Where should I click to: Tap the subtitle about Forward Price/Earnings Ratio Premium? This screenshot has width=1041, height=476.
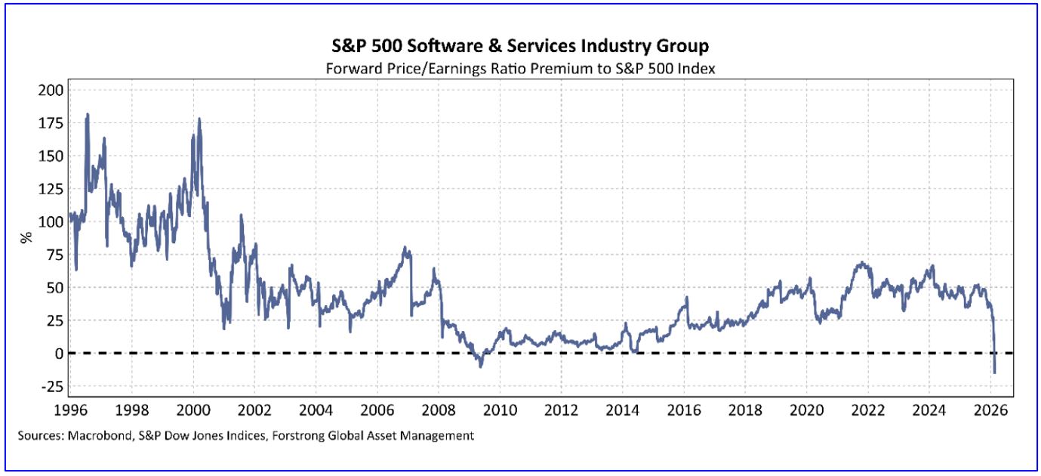click(x=520, y=68)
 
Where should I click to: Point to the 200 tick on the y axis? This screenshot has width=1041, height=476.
click(x=50, y=90)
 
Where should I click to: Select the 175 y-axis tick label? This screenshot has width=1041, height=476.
click(x=50, y=123)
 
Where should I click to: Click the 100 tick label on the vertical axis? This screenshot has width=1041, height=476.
click(x=50, y=222)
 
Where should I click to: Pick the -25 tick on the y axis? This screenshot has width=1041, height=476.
click(x=50, y=387)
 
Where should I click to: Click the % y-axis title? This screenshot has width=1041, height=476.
click(x=25, y=236)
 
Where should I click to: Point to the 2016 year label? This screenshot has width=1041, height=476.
click(x=684, y=410)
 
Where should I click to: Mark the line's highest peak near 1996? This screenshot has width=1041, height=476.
click(x=88, y=114)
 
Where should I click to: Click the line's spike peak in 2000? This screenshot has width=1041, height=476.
click(x=199, y=118)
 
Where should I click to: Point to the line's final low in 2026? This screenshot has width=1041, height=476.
click(x=995, y=372)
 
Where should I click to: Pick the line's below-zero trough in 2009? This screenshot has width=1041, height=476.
click(x=480, y=366)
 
